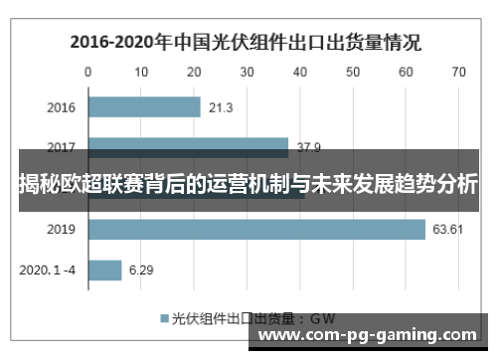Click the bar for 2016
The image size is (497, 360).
pos(144,107)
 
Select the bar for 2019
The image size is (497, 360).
pos(256,229)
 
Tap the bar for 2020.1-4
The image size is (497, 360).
pos(104,270)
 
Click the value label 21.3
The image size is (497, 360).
pos(222,107)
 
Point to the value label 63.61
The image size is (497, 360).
pos(448,229)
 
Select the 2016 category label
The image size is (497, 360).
pos(62,107)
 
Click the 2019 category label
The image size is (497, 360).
pos(62,229)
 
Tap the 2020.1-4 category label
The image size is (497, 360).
pos(48,270)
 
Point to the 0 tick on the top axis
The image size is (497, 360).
pos(88,72)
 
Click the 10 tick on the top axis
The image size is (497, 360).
pos(141,72)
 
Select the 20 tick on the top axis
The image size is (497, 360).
pos(194,72)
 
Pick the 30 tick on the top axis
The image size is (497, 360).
pos(248,72)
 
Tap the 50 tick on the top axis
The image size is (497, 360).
pos(353,72)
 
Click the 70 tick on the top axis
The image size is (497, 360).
pos(458,72)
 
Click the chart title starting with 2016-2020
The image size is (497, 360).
pos(245,43)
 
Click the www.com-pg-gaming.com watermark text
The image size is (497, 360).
pos(366,335)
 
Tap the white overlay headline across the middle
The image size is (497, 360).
pos(248,183)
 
